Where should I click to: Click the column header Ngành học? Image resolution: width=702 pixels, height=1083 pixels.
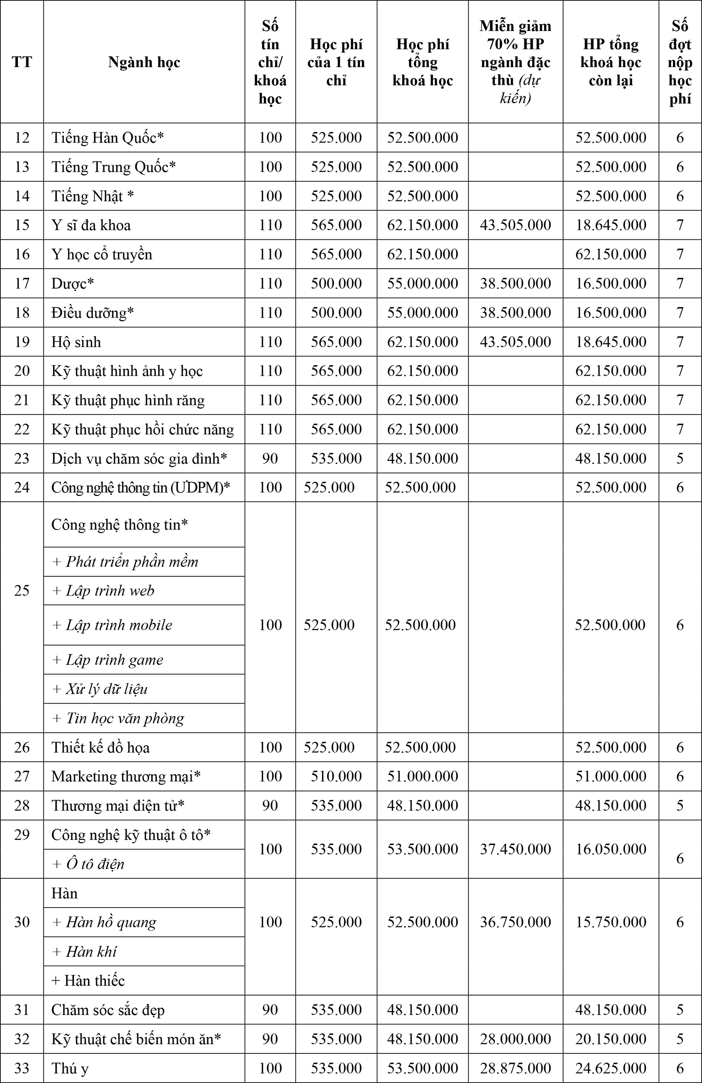tap(144, 62)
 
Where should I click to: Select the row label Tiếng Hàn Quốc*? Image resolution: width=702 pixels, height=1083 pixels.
tap(107, 137)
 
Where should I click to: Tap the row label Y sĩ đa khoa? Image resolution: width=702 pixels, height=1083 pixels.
tap(91, 225)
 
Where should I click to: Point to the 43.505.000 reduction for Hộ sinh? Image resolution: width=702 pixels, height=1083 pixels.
tap(515, 342)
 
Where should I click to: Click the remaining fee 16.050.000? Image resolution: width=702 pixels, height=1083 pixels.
tap(611, 849)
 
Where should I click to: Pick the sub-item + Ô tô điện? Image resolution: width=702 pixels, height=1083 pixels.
tap(88, 864)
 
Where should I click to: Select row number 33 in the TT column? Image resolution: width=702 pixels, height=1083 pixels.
tap(22, 1068)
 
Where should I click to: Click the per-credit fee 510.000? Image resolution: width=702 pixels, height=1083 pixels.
tap(336, 776)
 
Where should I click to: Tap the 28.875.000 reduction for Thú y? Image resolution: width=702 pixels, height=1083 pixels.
tap(515, 1068)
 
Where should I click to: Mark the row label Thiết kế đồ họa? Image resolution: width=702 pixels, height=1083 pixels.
tap(101, 747)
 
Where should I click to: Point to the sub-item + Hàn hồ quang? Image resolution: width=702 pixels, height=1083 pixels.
tap(104, 922)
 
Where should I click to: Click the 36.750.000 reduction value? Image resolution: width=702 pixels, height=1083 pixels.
tap(515, 922)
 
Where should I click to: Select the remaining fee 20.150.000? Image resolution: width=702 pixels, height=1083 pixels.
tap(611, 1038)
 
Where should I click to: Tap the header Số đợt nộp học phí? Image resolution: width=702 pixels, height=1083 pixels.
tap(680, 62)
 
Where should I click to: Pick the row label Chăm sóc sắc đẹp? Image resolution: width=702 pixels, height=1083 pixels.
tap(108, 1009)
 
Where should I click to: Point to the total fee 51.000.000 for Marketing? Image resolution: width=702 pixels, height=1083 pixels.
tap(422, 776)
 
